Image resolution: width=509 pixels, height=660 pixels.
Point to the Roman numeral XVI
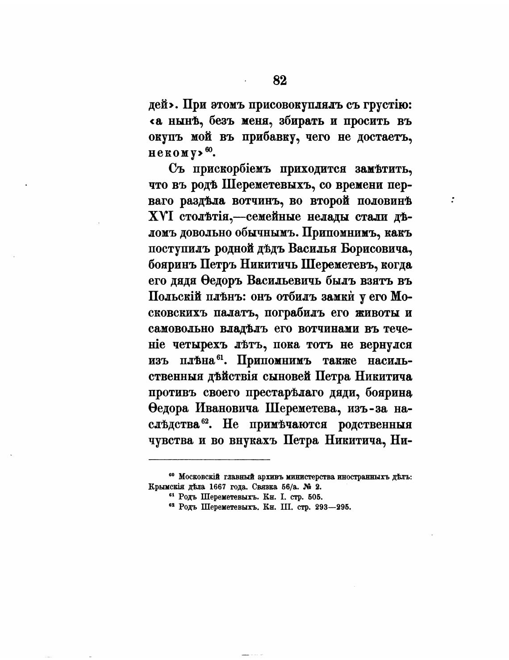[x=161, y=217]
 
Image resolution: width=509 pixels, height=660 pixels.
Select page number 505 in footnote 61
[x=312, y=497]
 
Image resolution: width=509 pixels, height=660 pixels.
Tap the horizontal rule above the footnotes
[x=209, y=459]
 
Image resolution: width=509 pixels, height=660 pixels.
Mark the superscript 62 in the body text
[x=205, y=421]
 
